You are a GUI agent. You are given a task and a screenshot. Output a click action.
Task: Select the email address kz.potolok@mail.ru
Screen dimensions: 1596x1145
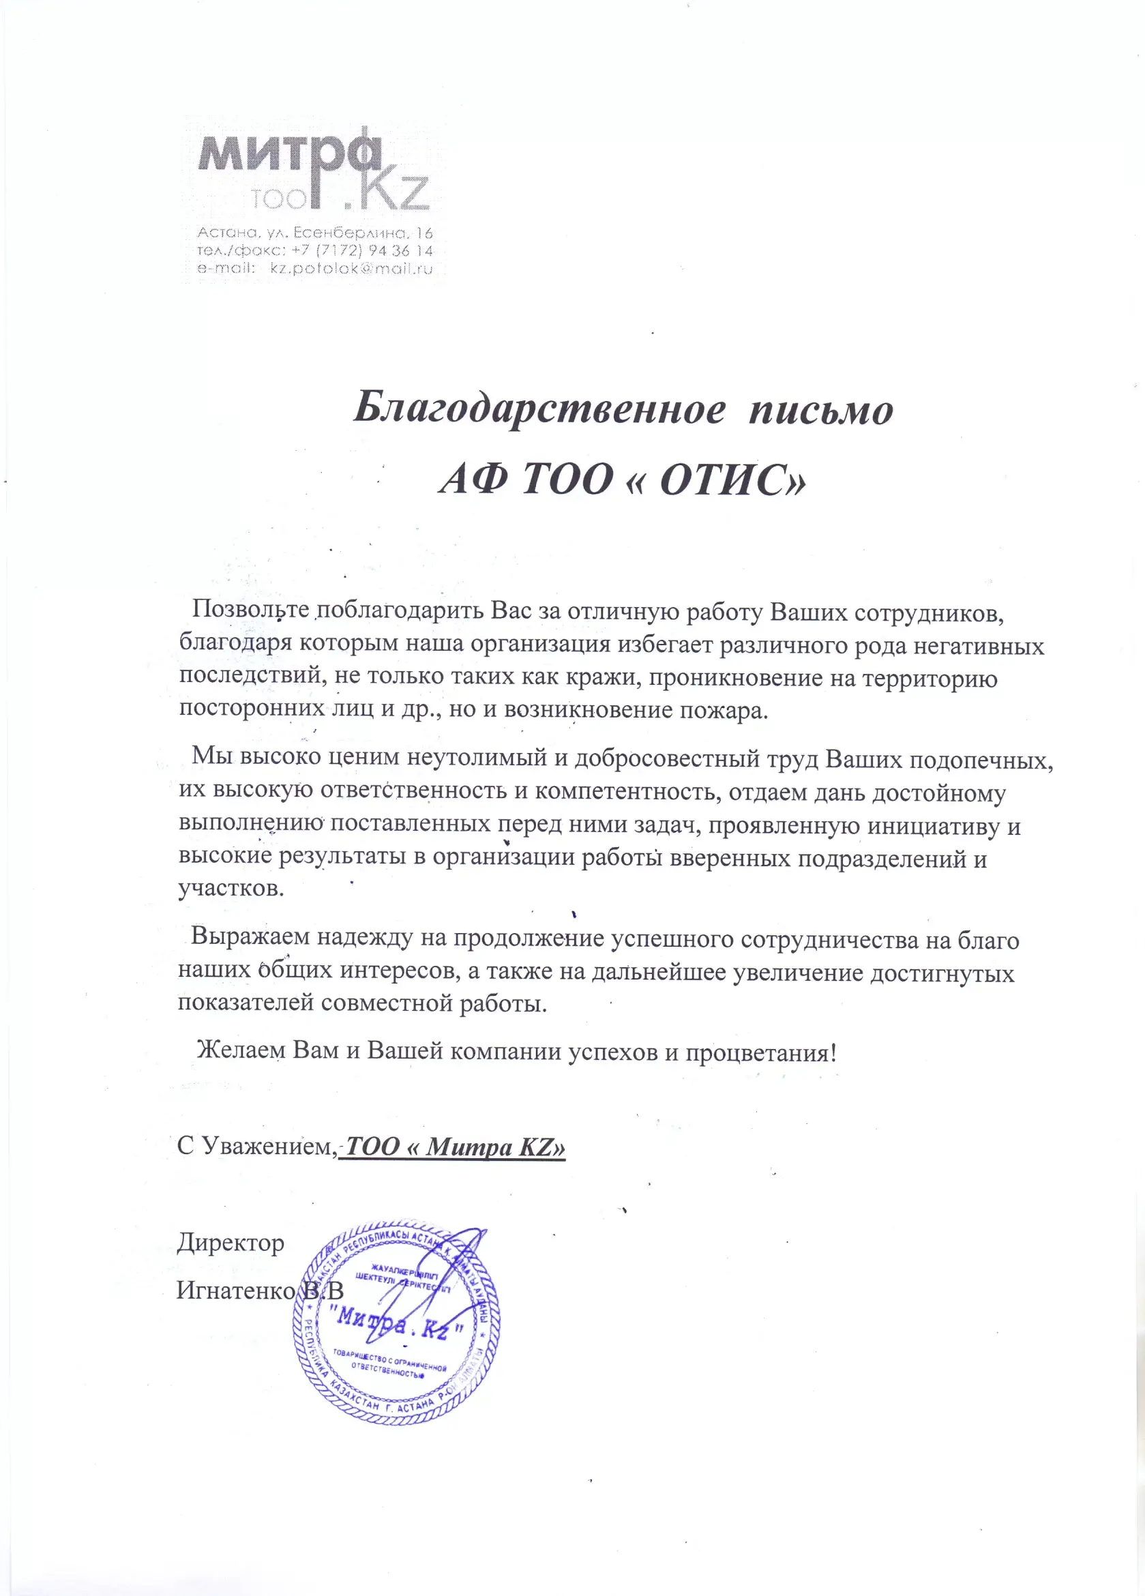351,269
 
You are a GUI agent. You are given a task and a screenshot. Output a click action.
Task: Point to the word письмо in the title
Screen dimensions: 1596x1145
820,409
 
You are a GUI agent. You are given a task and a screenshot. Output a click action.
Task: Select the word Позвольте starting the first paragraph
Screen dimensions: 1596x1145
250,608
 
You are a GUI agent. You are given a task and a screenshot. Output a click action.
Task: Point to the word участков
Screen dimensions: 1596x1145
231,888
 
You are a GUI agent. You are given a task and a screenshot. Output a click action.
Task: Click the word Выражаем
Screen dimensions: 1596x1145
250,936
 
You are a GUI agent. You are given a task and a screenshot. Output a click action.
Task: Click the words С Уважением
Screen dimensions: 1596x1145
256,1147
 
